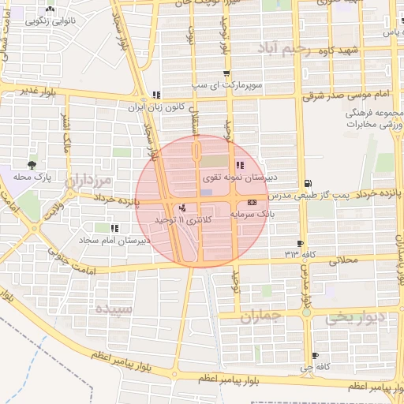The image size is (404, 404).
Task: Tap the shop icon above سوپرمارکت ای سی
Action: (x=204, y=74)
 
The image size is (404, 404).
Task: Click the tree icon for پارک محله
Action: (x=32, y=165)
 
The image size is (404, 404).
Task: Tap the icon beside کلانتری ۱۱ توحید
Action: (x=183, y=207)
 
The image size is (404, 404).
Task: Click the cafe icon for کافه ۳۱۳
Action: (x=300, y=243)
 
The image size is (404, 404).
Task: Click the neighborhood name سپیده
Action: (x=110, y=308)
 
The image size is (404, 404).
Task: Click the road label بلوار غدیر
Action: (x=40, y=92)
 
